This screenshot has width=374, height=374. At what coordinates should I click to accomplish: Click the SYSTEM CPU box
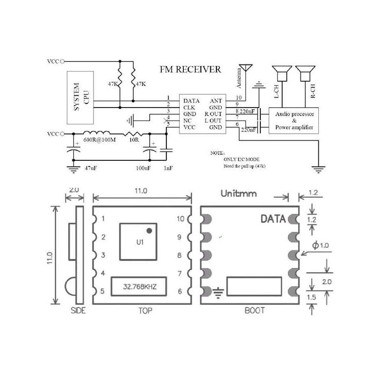pos(80,97)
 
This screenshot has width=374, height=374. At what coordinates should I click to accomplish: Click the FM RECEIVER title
pos(190,70)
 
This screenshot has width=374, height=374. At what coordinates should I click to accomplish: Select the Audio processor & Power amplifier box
pos(295,121)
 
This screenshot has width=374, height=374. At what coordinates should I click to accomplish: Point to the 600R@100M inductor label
pos(99,140)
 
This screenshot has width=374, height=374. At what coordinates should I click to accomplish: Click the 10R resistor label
pos(134,140)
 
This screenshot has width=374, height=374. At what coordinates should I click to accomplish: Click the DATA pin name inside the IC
pos(192,101)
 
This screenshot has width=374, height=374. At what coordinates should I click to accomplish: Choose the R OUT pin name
pos(214,114)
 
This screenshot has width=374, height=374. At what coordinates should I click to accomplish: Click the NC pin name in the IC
pos(187,121)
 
